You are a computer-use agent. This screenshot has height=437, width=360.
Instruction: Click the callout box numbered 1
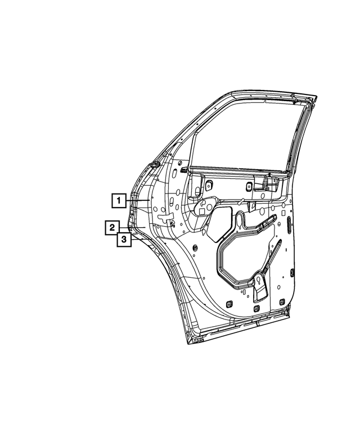[119, 200]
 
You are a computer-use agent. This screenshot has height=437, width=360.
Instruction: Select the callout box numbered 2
[112, 228]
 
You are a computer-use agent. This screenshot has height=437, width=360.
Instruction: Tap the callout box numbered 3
[124, 240]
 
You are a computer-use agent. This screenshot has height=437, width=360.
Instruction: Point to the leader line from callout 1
[138, 201]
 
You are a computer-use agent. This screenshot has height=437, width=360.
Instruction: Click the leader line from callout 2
[132, 228]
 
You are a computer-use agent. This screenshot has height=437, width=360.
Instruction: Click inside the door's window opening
[245, 134]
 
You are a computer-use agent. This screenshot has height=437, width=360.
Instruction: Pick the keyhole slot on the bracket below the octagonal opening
[259, 281]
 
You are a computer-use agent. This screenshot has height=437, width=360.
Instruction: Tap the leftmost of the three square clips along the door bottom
[229, 304]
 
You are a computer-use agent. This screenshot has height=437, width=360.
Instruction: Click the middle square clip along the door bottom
[256, 308]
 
